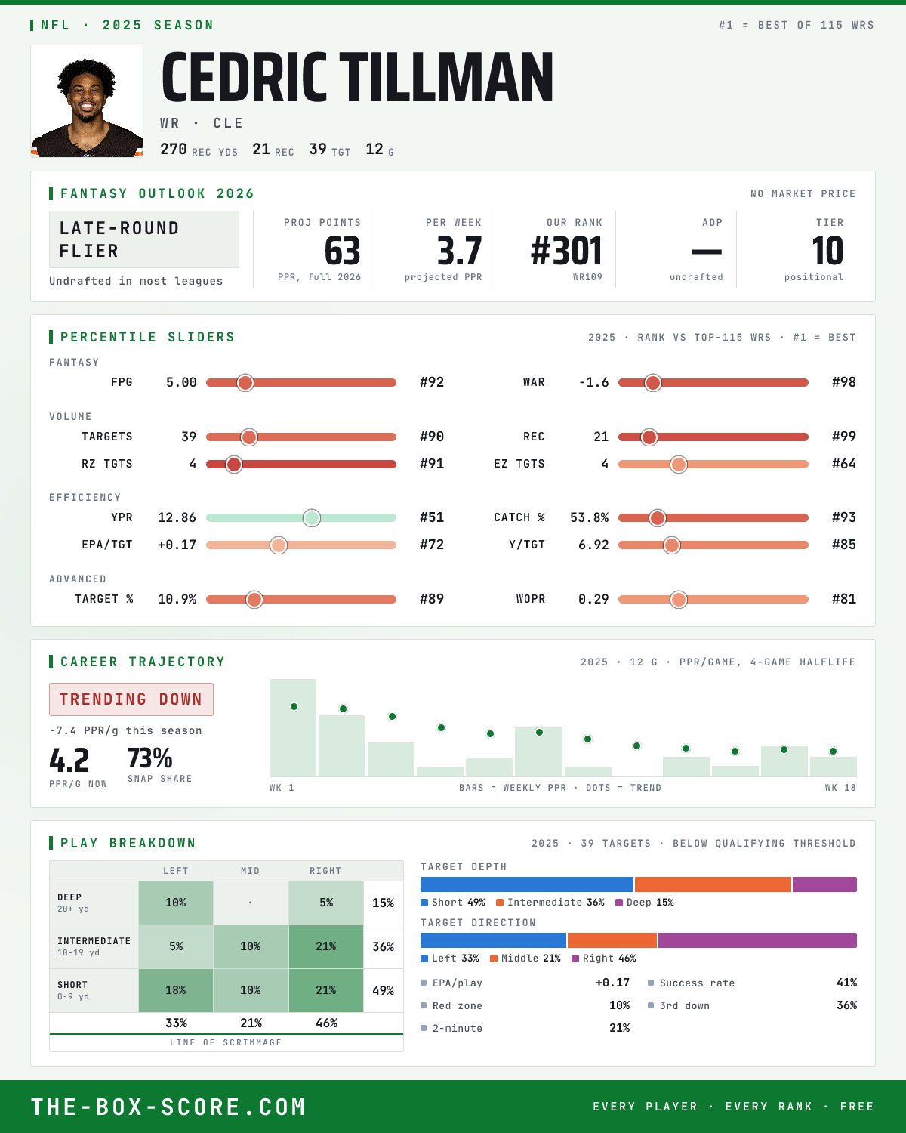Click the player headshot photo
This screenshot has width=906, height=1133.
87,101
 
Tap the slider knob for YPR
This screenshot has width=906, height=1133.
312,518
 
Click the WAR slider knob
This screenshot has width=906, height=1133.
653,383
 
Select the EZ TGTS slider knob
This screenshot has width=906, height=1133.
679,465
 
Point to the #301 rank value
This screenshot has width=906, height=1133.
566,251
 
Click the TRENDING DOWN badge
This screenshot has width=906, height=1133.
131,699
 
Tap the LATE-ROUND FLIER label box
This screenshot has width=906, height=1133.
143,239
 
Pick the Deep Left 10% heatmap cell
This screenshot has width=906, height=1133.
176,903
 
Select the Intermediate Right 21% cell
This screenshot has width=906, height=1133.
326,946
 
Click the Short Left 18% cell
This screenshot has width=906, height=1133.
176,990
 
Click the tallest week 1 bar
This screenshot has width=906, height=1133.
293,727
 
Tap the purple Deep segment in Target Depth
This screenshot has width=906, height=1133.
824,884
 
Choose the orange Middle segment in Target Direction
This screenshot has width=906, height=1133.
612,940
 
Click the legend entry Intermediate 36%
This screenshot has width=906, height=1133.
550,903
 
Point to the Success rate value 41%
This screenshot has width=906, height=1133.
846,983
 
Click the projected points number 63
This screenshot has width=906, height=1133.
342,251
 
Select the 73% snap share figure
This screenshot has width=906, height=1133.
150,758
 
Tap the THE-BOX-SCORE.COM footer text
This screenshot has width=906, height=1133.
168,1107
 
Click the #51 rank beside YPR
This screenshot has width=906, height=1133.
432,517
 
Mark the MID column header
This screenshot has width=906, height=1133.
250,871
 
